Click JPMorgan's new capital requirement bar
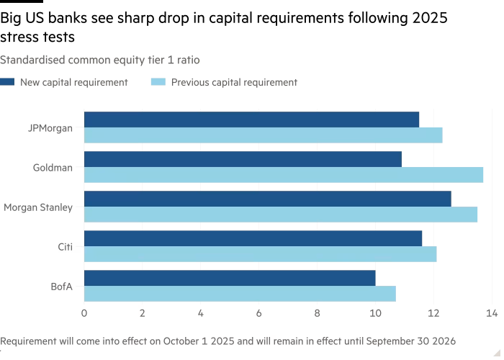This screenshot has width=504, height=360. [x=251, y=120]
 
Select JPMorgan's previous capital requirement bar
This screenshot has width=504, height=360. [x=263, y=135]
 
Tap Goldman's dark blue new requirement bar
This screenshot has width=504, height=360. [x=243, y=159]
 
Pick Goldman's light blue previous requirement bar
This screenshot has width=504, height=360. [x=284, y=175]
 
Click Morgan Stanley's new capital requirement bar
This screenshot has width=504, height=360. [x=267, y=199]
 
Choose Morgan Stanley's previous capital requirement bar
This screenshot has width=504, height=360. [x=281, y=215]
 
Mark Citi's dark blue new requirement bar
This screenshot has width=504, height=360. [x=253, y=238]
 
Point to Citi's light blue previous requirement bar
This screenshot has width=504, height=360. [x=260, y=254]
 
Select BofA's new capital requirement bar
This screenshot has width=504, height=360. [x=230, y=278]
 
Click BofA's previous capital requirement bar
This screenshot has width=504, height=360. [x=240, y=294]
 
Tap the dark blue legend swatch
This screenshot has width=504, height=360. [x=6, y=82]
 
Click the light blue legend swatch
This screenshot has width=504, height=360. [x=158, y=82]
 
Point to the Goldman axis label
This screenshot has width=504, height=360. [x=53, y=168]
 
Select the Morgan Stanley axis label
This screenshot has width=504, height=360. [x=38, y=207]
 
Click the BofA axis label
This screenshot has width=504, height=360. [x=61, y=287]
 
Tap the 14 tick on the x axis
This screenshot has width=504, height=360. [x=492, y=313]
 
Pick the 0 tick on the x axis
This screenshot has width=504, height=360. [x=84, y=313]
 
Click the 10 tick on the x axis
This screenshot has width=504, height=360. [x=375, y=313]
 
